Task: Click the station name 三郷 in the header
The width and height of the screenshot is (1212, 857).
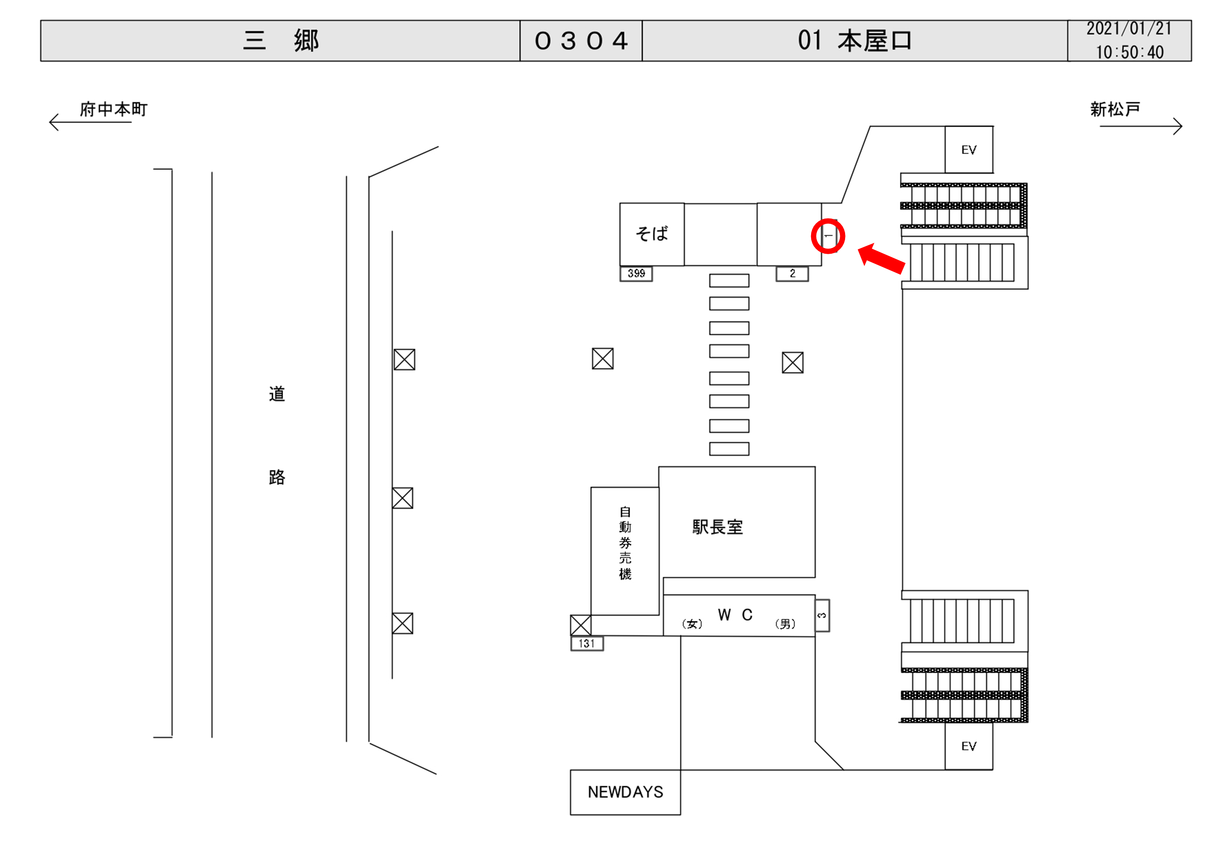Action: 280,41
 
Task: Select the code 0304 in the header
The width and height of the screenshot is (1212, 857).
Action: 581,41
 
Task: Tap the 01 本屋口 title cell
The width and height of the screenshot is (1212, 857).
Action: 855,41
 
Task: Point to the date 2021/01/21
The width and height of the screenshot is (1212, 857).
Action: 1129,29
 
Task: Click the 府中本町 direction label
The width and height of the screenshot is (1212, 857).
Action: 113,109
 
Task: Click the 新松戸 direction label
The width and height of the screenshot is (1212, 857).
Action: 1115,109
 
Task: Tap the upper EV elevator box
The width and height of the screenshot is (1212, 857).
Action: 969,150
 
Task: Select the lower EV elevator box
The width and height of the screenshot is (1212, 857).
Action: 969,746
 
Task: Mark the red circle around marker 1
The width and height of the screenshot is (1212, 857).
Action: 828,236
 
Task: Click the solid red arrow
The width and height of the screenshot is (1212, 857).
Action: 882,259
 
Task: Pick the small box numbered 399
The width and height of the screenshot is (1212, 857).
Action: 636,273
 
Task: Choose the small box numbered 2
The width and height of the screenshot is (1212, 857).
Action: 792,273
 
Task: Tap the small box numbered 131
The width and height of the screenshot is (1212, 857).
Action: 586,643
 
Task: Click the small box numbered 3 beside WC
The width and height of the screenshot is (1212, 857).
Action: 822,615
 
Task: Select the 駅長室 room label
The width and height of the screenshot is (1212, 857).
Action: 717,526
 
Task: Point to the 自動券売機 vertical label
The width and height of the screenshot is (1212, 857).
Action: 625,543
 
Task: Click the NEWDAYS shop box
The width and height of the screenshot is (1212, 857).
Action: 625,792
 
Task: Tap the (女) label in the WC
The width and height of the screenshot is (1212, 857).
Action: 692,624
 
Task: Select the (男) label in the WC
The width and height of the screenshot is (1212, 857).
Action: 785,624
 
